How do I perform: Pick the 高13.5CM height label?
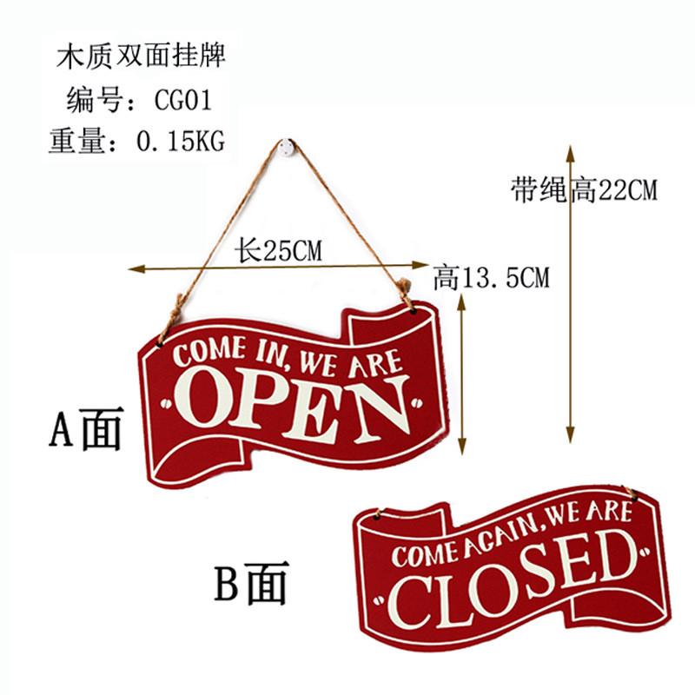pyautogui.click(x=491, y=278)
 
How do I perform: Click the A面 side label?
pyautogui.click(x=84, y=429)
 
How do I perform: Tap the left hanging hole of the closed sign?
pyautogui.click(x=380, y=517)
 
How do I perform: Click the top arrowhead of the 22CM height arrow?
pyautogui.click(x=571, y=150)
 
